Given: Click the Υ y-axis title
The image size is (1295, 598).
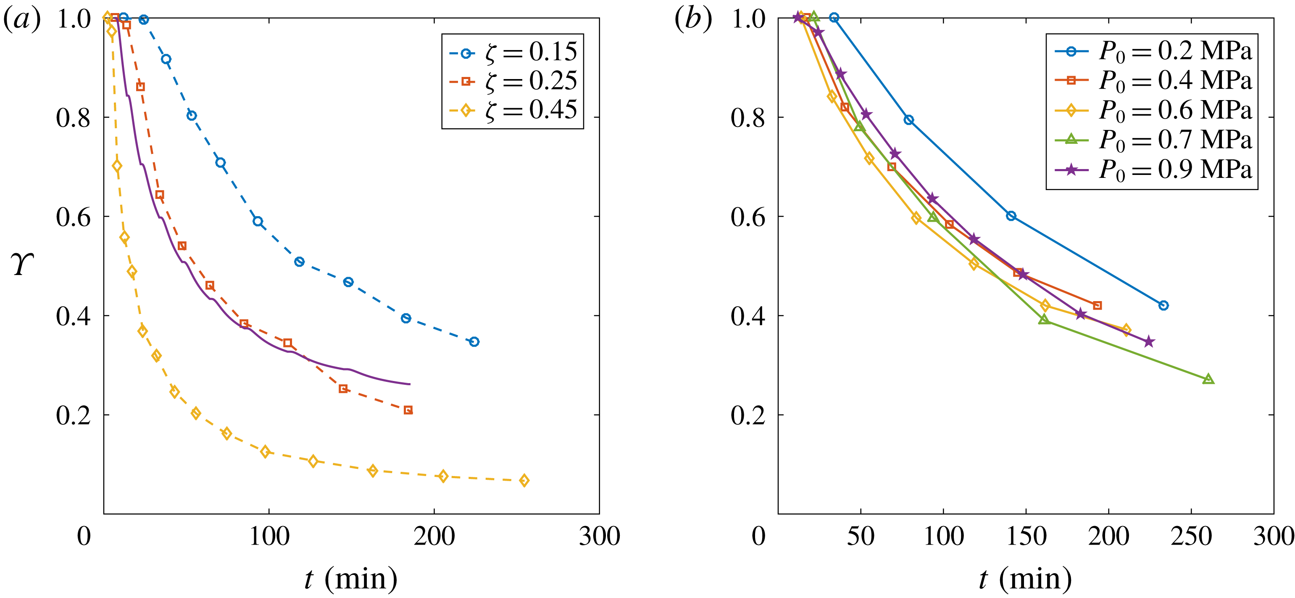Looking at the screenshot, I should [23, 264].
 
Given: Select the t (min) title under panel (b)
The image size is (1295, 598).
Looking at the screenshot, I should [1026, 578].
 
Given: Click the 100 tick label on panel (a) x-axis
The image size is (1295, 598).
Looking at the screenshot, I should [269, 536].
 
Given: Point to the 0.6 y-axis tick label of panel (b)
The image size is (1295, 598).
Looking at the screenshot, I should [748, 217].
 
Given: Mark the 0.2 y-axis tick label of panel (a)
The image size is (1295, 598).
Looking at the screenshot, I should [74, 415].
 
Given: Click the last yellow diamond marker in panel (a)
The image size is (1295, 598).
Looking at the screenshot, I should [524, 480].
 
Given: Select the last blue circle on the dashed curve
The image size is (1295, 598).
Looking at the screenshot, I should [474, 342].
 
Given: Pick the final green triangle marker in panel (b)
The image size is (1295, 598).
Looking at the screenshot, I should [1208, 379].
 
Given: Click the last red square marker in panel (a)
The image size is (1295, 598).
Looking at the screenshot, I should [408, 410].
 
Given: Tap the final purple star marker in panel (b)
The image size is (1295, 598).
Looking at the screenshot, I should [1149, 342].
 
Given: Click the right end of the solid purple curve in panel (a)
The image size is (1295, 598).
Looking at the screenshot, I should [410, 384].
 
